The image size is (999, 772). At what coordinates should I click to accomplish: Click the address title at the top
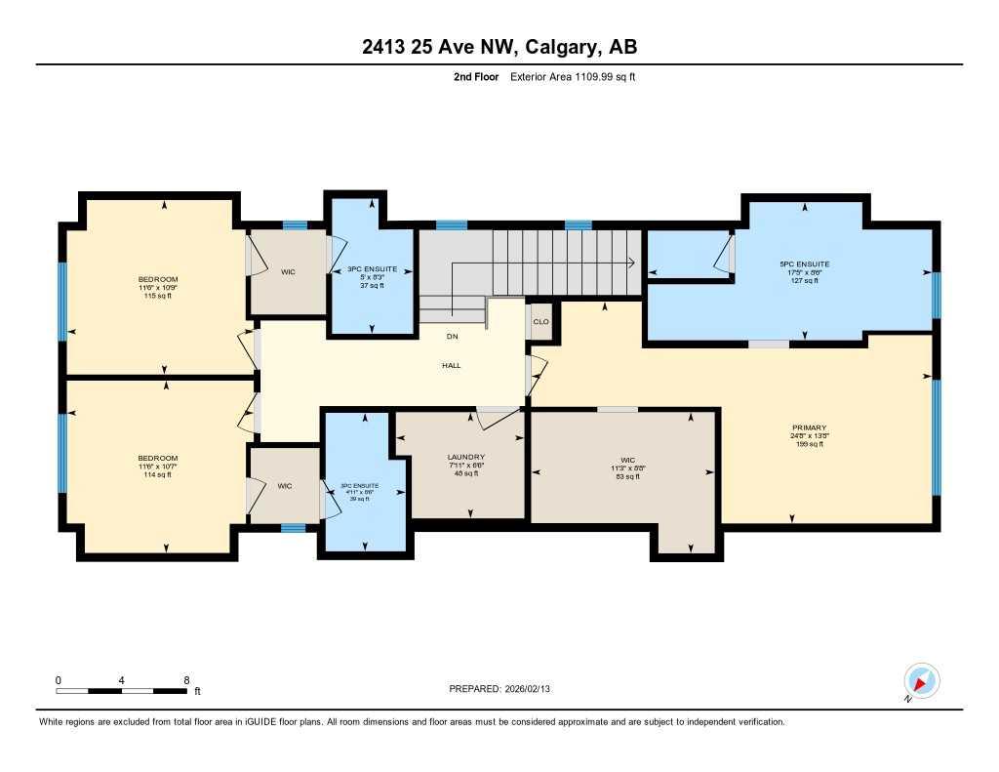pos(499,47)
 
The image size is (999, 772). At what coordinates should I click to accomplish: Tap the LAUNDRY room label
pos(465,457)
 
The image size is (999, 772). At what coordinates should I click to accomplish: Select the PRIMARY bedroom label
pos(809,427)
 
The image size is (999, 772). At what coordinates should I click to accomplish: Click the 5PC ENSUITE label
pos(804,264)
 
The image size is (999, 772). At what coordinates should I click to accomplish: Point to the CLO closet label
pos(539,322)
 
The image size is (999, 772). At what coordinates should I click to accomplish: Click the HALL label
pos(450,366)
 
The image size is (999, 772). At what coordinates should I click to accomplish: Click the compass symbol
pos(921,680)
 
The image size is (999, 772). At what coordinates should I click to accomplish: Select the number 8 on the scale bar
pos(185,679)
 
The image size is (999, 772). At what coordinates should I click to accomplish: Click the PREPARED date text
pos(505,689)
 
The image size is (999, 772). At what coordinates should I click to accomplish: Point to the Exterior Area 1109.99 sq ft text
pos(573,76)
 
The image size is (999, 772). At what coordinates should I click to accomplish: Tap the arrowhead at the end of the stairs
pos(632,262)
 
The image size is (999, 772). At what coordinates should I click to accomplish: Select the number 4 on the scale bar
pos(121,679)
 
